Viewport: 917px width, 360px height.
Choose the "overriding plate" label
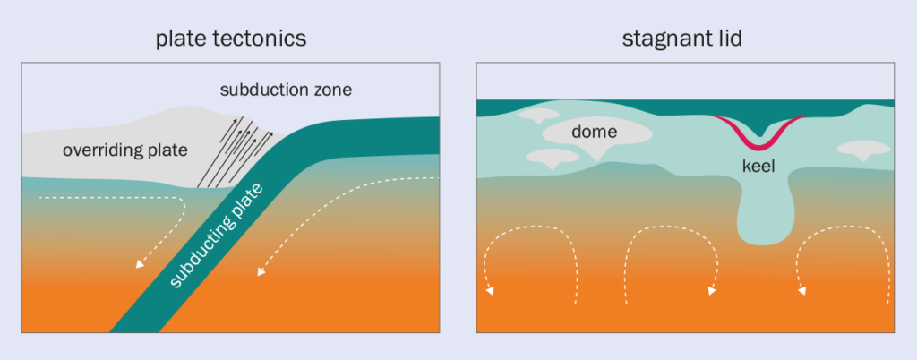click(124, 150)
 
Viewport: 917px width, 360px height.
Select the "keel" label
click(759, 166)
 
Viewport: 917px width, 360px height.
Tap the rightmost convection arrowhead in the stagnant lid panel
click(801, 291)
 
